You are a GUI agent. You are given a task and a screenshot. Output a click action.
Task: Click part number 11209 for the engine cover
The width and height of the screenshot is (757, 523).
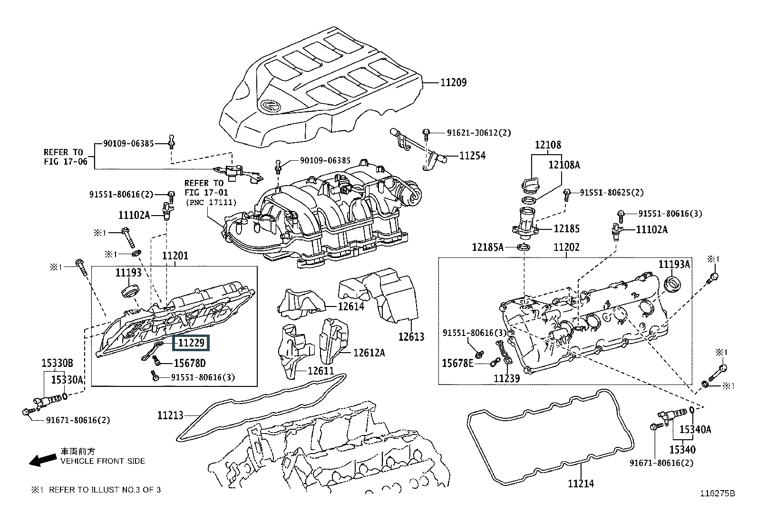453,82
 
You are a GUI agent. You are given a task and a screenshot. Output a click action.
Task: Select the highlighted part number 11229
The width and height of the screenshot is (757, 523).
191,343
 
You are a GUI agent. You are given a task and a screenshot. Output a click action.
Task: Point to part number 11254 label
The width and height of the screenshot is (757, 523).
472,156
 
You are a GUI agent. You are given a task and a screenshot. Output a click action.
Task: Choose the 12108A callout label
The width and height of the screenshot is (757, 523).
564,165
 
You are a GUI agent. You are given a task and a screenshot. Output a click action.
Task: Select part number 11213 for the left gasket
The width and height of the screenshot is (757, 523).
170,415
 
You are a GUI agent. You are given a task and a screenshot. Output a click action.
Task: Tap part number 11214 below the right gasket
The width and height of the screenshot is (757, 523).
581,484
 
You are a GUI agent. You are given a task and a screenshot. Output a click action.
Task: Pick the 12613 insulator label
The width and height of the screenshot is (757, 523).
411,337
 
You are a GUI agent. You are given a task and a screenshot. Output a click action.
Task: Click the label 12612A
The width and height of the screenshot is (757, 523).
369,353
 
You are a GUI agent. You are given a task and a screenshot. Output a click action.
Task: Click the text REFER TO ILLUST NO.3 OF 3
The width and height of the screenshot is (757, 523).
105,490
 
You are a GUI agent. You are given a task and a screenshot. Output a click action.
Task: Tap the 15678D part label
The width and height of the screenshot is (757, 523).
189,364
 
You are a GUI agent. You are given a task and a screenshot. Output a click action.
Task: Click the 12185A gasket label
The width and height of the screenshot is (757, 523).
487,247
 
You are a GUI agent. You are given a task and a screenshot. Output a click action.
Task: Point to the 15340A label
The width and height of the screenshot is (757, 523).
695,429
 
